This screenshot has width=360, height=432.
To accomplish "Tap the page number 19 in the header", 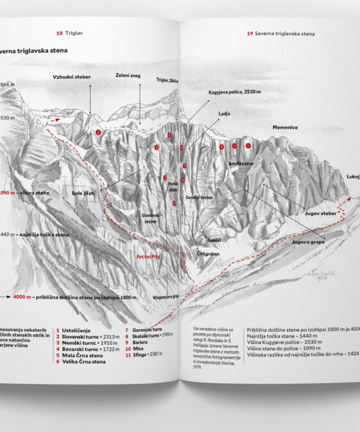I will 250,32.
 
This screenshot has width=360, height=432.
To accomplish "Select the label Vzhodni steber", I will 72,77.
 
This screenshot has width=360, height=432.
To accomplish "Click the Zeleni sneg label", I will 129,76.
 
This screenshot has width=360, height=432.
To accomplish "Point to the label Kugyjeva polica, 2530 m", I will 235,92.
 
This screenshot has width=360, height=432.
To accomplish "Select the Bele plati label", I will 83,192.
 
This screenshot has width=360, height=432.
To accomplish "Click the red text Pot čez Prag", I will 148,257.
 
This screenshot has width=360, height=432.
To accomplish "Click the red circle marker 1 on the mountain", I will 98,132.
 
